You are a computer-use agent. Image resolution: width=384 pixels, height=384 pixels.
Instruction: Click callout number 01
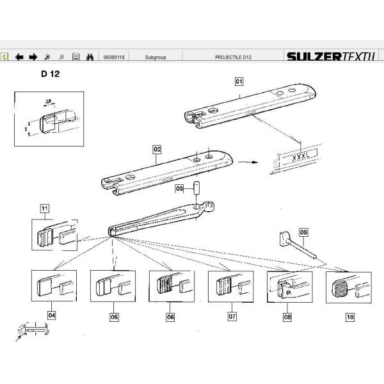coord(239,81)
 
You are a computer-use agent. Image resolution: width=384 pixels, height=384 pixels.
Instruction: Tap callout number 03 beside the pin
coord(180,189)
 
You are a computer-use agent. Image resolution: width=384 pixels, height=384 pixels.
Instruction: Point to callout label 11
coord(44,208)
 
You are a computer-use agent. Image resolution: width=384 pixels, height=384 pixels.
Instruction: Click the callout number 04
coord(52,316)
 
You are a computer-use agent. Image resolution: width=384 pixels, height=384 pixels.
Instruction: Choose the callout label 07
coord(232,316)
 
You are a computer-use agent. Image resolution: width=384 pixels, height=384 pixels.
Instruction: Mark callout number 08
coord(287,316)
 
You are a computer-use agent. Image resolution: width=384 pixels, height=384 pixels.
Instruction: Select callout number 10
coord(349,316)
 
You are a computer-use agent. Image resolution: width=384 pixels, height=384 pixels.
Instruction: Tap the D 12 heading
coord(51,74)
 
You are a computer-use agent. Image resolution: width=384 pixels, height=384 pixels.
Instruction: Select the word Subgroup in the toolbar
coord(156,57)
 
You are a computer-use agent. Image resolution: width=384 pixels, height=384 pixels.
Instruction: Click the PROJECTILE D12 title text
coord(234,57)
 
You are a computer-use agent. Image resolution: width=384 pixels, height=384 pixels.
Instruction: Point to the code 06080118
coord(114,57)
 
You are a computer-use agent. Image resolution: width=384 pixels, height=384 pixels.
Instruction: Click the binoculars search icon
coord(90,57)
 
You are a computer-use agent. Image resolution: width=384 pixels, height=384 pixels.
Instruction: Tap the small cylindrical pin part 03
coord(198,190)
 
